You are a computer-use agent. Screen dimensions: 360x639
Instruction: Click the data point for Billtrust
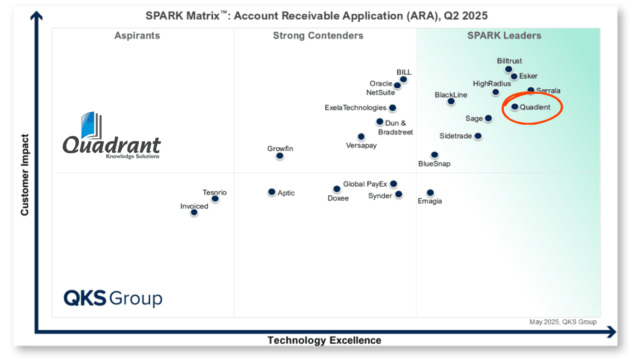[509, 69]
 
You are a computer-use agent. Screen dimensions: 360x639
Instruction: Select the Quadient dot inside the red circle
[515, 107]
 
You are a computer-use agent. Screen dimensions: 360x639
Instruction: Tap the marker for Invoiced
[194, 212]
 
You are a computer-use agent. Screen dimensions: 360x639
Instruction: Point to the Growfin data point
[280, 156]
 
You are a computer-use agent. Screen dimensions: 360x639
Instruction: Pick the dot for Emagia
[430, 193]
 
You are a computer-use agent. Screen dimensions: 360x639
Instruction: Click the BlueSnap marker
[434, 155]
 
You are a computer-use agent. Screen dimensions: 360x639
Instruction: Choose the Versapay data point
[361, 137]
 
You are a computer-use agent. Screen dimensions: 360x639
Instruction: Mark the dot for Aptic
[272, 192]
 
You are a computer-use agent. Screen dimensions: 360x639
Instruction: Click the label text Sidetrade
[455, 136]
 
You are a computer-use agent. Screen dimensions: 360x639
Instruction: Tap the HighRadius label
[492, 84]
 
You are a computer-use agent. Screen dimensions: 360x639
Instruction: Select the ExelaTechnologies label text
[355, 108]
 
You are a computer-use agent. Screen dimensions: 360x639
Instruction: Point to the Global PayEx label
[365, 184]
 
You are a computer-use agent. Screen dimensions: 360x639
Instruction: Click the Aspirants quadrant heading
[137, 36]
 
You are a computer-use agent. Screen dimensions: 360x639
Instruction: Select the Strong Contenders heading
[318, 36]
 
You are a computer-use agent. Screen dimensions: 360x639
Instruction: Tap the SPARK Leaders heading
[504, 36]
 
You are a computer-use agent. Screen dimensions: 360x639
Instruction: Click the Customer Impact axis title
[25, 175]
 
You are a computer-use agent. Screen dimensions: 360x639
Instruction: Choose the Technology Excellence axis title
[324, 340]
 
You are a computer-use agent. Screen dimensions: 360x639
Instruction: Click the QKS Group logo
[113, 298]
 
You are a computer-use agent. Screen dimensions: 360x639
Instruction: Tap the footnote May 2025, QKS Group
[563, 322]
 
